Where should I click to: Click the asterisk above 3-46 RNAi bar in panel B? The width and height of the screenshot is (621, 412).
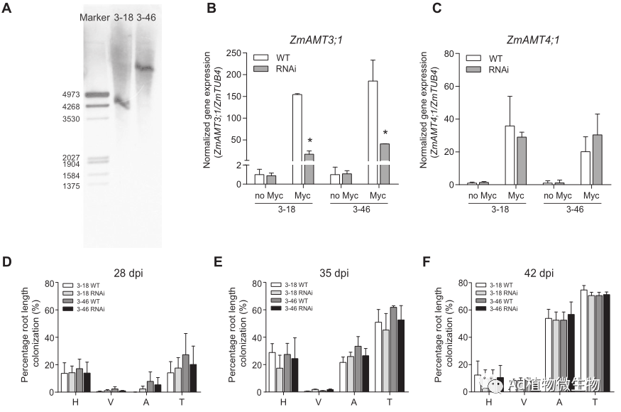pos(385,133)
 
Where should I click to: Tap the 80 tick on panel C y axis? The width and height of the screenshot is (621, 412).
pos(449,53)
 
